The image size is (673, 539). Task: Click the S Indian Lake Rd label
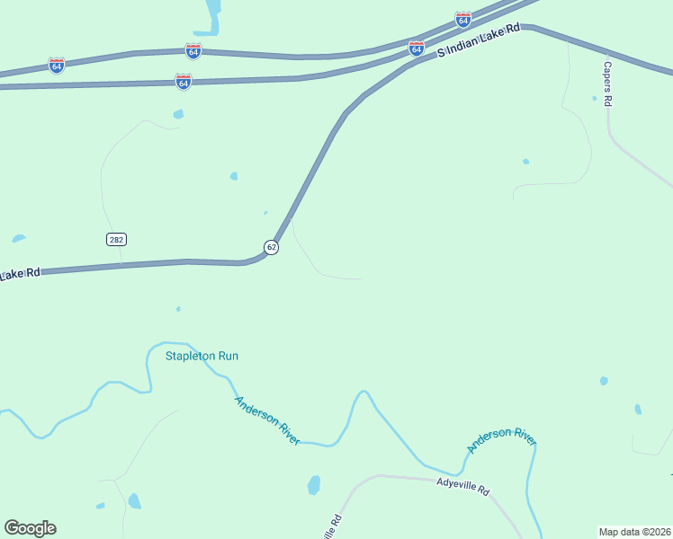(479, 41)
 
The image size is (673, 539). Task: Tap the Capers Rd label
(607, 84)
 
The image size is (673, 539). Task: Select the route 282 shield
(116, 239)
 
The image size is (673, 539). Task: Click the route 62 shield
(271, 247)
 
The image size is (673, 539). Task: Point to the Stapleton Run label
(202, 356)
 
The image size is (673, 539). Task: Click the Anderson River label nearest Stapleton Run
(266, 420)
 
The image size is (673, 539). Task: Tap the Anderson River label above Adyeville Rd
(501, 440)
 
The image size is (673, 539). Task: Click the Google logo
(30, 528)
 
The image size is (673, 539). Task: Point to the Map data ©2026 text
(634, 532)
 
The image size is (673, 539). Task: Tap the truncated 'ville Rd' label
(332, 527)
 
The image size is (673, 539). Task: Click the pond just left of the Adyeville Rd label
(313, 485)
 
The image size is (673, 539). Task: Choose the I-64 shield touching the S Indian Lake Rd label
(416, 49)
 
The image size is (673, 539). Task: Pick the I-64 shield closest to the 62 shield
(184, 82)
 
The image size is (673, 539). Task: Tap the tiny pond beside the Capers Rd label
(594, 99)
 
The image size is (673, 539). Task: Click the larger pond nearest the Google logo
(134, 501)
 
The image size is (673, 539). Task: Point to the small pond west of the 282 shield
(18, 238)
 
